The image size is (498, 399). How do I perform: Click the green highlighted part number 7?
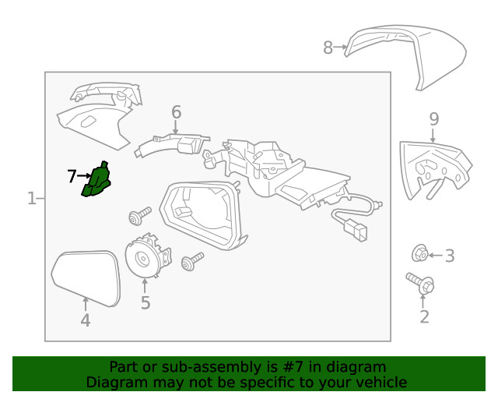tap(98, 182)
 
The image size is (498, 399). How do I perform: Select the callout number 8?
tap(328, 48)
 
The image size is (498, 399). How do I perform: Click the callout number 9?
tap(434, 119)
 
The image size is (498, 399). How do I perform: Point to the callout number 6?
tap(176, 112)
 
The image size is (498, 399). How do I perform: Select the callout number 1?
tap(31, 199)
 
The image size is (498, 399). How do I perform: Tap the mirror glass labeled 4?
tap(86, 277)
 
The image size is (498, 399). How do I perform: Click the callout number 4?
tap(86, 320)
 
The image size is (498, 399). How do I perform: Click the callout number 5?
tap(146, 302)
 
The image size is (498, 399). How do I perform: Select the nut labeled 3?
tap(419, 253)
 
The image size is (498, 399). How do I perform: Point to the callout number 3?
tap(450, 255)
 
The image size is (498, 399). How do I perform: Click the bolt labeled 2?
tap(420, 284)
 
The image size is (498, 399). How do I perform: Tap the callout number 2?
tap(424, 316)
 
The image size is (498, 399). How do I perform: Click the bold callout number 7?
tap(72, 177)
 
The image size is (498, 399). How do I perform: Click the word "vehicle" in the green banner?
tap(378, 382)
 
